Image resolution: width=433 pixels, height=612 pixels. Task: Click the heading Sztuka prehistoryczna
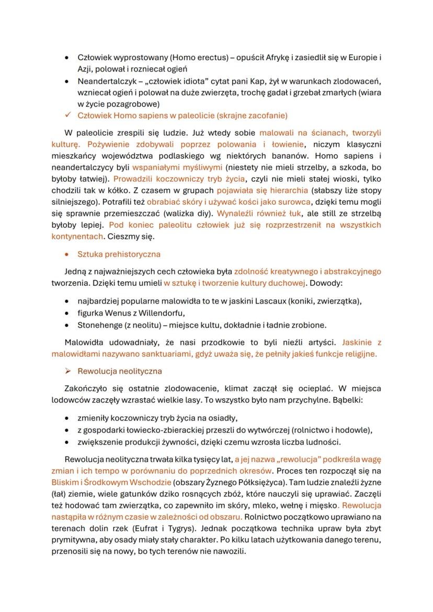[x=119, y=254]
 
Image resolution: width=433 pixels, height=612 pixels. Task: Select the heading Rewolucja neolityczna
[x=120, y=371]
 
